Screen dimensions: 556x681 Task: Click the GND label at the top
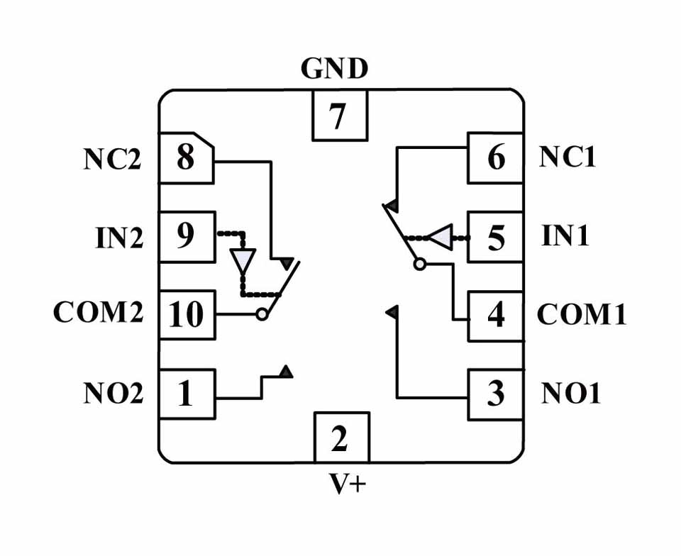pyautogui.click(x=334, y=69)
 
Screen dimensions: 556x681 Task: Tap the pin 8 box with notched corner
pyautogui.click(x=186, y=157)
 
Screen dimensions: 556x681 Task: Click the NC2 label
pyautogui.click(x=112, y=160)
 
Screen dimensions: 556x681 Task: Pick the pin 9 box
pyautogui.click(x=186, y=237)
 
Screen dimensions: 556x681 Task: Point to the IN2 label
pyautogui.click(x=118, y=238)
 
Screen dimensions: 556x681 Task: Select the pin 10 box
pyautogui.click(x=186, y=315)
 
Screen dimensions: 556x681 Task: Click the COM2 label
pyautogui.click(x=99, y=313)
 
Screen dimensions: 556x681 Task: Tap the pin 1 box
pyautogui.click(x=186, y=393)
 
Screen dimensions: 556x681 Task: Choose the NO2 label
pyautogui.click(x=113, y=393)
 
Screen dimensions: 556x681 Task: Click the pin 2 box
pyautogui.click(x=340, y=438)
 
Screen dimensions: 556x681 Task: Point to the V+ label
pyautogui.click(x=348, y=484)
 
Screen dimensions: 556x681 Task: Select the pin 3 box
pyautogui.click(x=494, y=393)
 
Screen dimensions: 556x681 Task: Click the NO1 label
pyautogui.click(x=571, y=393)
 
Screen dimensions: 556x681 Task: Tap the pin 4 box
pyautogui.click(x=494, y=315)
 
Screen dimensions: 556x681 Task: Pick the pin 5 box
pyautogui.click(x=494, y=237)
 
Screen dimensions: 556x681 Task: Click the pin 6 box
pyautogui.click(x=494, y=157)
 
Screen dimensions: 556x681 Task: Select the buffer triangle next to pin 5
pyautogui.click(x=441, y=237)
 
